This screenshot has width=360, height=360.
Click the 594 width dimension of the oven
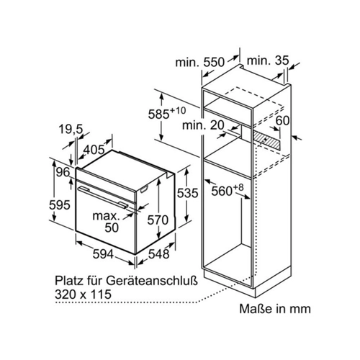coord(103,254)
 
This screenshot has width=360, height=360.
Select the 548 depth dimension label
coord(159,253)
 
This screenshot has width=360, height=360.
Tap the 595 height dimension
coord(60,205)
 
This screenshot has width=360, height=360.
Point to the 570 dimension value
coord(158,220)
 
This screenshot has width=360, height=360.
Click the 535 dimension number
coord(187,193)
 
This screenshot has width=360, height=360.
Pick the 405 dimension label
coord(94,150)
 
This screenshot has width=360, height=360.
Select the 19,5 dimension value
coord(71,130)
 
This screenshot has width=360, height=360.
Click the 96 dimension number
coord(63,172)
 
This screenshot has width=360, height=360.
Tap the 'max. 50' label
coord(107,222)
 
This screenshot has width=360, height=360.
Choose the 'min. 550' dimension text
coord(200,62)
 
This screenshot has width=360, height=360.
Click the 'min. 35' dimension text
coord(268,60)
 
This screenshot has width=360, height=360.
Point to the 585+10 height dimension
coord(167,113)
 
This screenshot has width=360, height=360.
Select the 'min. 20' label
coord(203,125)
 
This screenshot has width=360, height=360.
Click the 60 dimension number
coord(282,120)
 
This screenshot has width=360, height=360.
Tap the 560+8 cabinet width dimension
coord(228,190)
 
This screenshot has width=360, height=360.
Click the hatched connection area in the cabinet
coord(266,140)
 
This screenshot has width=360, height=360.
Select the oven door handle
coord(103,197)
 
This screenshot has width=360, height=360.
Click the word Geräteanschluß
coord(152,280)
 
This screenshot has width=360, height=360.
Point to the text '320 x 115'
coord(83,294)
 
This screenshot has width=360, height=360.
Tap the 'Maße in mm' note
coord(275,309)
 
